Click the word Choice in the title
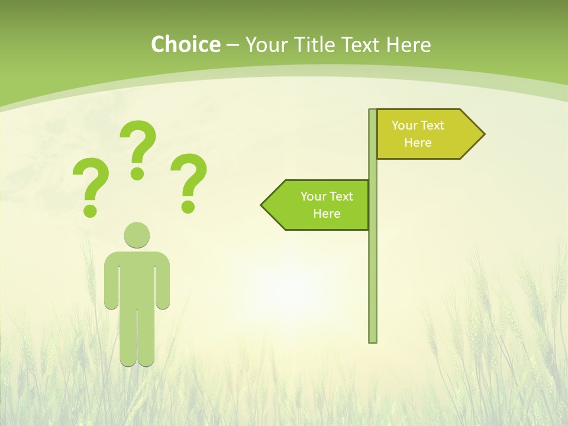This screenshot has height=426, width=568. [185, 44]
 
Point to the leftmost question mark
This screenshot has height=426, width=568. [91, 180]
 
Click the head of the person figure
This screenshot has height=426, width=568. [137, 235]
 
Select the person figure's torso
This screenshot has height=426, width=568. [137, 278]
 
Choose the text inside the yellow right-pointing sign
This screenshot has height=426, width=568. [418, 134]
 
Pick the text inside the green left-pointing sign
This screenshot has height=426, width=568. [327, 205]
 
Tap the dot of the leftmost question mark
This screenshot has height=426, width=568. [90, 210]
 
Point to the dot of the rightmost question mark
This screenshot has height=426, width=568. [188, 206]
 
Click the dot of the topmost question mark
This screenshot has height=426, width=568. [137, 173]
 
